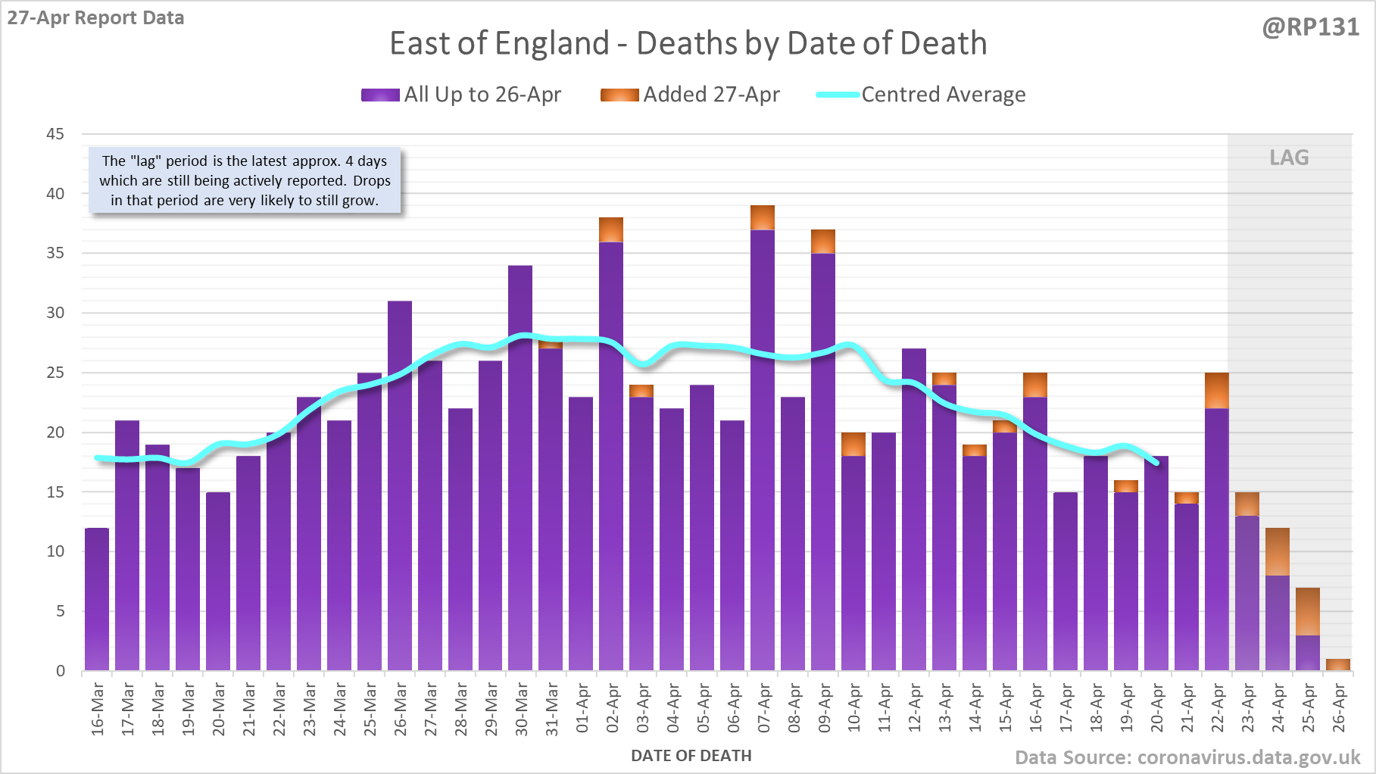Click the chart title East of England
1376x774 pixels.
(x=688, y=44)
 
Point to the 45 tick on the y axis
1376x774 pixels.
(x=55, y=134)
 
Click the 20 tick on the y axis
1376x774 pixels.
(x=55, y=432)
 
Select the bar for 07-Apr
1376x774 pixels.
(x=763, y=454)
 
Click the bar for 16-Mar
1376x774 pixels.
(x=97, y=598)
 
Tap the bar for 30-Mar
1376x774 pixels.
(x=520, y=470)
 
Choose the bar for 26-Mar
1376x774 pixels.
(x=400, y=485)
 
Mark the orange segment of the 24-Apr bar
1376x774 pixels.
(x=1278, y=551)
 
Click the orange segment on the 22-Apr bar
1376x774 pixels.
(x=1217, y=391)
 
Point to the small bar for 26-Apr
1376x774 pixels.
(x=1338, y=665)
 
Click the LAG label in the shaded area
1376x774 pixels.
(x=1289, y=158)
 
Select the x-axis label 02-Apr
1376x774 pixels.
(x=613, y=709)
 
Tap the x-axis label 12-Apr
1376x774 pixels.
(x=915, y=709)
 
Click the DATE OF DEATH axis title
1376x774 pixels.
(x=691, y=756)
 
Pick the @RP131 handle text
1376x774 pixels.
(x=1311, y=27)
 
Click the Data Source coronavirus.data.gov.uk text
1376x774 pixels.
(x=1187, y=758)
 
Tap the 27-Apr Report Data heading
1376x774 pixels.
(x=96, y=18)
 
